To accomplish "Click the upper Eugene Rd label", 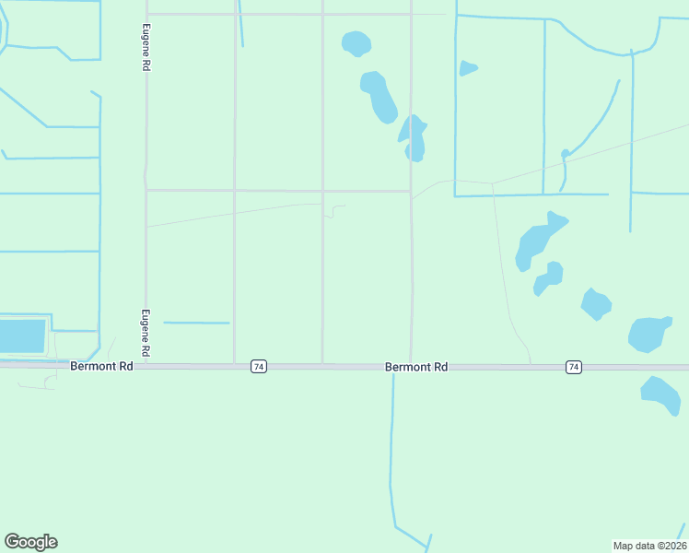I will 146,49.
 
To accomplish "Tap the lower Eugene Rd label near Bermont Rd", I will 146,334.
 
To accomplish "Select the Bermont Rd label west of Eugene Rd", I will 101,367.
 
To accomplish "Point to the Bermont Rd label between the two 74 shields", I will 416,367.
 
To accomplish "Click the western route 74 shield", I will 258,367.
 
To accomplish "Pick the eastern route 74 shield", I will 574,367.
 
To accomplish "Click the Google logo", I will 30,542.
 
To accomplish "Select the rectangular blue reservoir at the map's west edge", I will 22,336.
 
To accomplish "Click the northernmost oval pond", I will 356,42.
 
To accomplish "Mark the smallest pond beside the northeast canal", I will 468,67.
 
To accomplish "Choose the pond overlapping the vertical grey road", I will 414,138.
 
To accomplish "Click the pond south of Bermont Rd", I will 661,394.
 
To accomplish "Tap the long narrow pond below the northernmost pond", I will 379,96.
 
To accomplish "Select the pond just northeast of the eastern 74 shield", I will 649,335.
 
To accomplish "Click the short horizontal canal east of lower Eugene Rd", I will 196,323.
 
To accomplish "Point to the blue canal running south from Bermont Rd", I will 392,452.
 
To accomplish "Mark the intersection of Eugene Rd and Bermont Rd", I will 146,366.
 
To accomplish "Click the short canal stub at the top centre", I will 240,23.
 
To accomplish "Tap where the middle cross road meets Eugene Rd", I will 146,191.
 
